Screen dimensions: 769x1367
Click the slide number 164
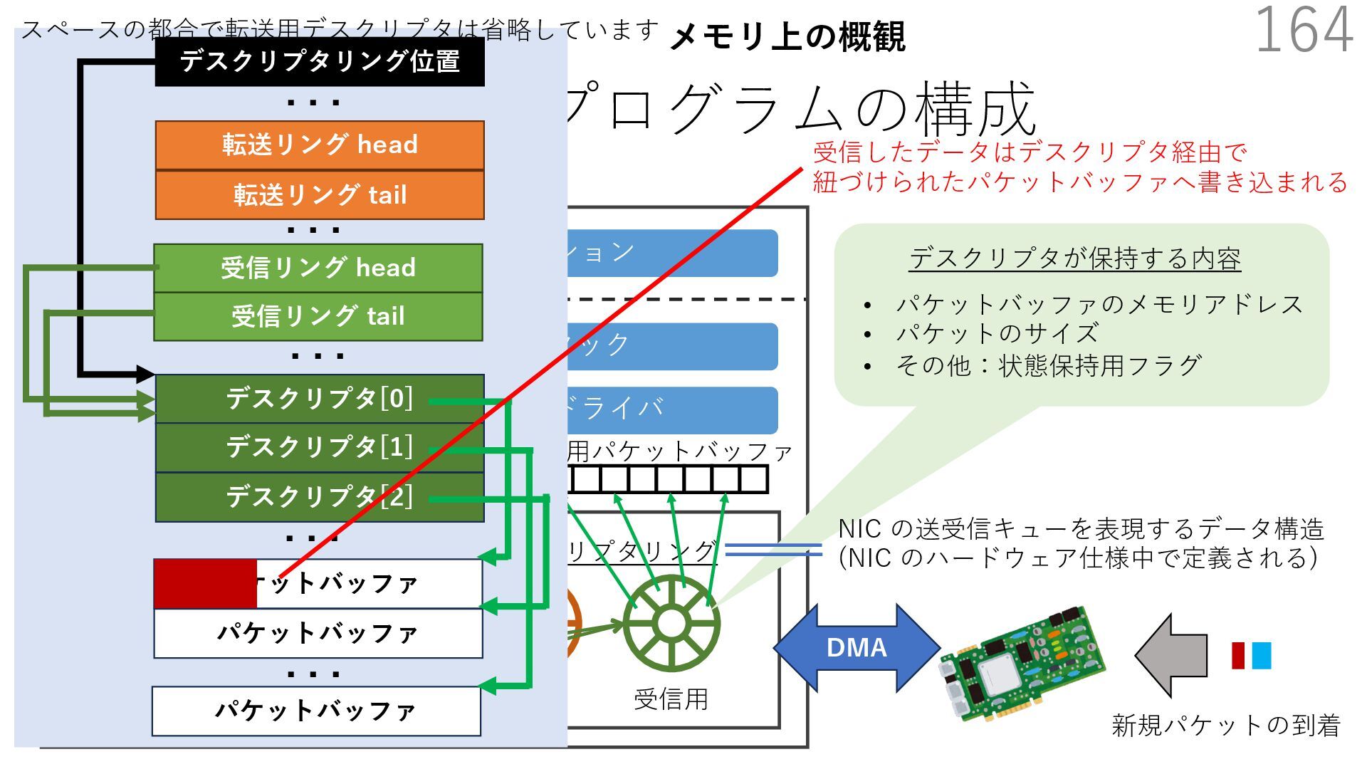[x=1303, y=30]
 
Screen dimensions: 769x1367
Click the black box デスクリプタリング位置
[x=320, y=62]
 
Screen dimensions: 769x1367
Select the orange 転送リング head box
[x=320, y=145]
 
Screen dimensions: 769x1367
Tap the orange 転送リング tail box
[x=320, y=194]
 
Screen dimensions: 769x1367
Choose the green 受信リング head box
[x=318, y=268]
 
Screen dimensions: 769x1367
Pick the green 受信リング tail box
[x=318, y=316]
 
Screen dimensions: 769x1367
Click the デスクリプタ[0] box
[x=320, y=399]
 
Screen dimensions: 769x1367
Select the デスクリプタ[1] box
[x=320, y=447]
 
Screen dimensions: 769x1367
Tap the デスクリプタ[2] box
[x=320, y=497]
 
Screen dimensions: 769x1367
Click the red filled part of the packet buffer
[x=205, y=584]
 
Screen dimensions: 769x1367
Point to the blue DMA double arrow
[x=857, y=648]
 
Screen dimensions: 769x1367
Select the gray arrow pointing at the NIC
[x=1171, y=655]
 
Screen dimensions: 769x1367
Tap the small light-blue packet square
[x=1261, y=655]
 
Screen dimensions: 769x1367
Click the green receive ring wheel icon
[x=671, y=624]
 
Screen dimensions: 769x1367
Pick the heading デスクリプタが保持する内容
[x=1074, y=258]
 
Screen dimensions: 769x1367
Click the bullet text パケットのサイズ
[x=997, y=333]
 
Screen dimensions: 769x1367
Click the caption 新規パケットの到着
[x=1225, y=725]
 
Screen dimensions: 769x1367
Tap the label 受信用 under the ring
[x=671, y=699]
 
